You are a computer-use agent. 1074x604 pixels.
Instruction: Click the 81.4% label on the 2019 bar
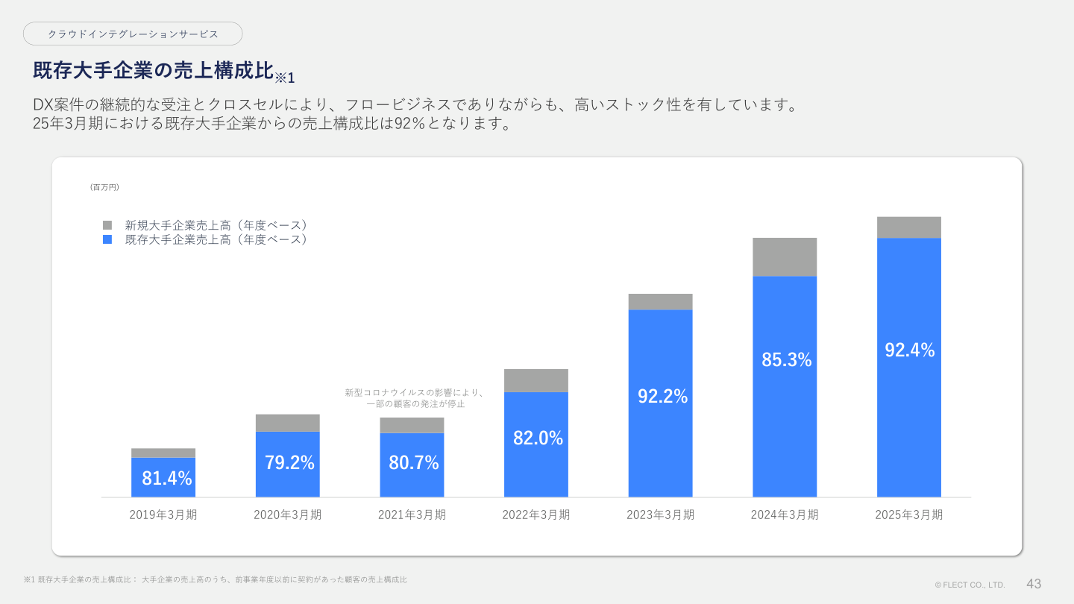(166, 479)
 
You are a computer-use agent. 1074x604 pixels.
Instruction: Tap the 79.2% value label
(289, 462)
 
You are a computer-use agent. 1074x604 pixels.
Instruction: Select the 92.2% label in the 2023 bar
(662, 397)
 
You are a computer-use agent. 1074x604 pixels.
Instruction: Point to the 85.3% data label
(786, 359)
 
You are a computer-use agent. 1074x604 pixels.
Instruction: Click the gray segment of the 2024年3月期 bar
(785, 257)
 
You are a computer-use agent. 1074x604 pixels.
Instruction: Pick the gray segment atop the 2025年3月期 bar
(908, 227)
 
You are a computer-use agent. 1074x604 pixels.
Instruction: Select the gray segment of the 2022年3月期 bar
(536, 380)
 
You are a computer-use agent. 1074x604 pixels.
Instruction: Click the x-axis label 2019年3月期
(163, 515)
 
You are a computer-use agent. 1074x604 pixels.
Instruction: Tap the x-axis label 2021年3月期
(412, 515)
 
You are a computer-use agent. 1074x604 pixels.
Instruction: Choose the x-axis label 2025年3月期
(908, 515)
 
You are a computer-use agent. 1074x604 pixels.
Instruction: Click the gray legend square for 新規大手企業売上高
(107, 225)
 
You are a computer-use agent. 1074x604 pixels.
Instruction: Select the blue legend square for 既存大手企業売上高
(107, 240)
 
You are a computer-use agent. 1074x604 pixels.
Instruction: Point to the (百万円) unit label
(104, 187)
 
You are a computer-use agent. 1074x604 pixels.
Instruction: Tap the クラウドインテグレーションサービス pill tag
(133, 34)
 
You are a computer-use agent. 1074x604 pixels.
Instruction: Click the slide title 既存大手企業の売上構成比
(153, 71)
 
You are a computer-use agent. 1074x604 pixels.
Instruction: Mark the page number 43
(1034, 584)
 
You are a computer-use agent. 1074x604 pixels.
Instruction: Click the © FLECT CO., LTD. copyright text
(970, 585)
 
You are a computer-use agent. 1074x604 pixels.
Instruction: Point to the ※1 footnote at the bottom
(215, 579)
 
